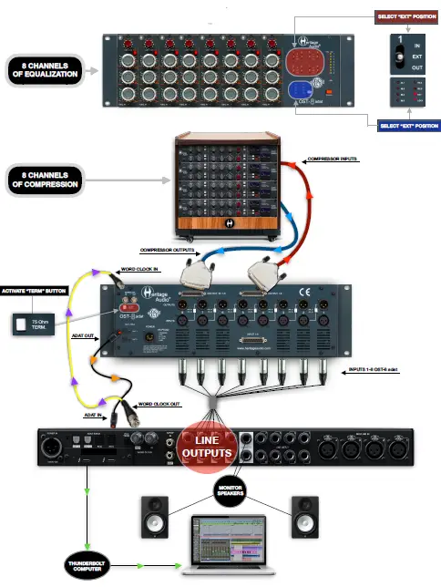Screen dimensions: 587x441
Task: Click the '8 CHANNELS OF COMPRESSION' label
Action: click(43, 178)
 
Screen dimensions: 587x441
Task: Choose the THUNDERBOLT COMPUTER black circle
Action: click(88, 561)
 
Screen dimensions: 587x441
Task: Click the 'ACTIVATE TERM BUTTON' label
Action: click(44, 291)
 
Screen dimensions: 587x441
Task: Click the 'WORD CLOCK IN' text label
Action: click(141, 270)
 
